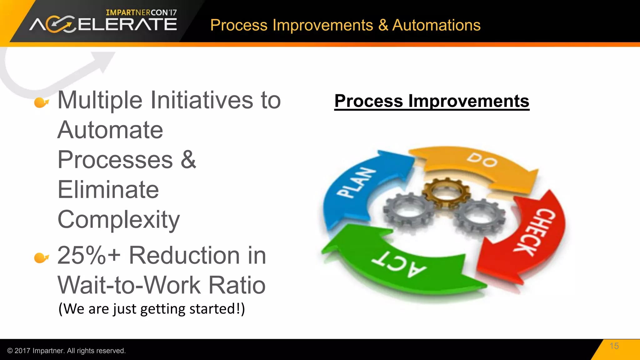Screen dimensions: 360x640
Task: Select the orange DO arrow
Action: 478,164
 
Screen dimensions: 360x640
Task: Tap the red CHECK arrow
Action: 534,234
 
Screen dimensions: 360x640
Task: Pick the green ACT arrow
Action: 403,266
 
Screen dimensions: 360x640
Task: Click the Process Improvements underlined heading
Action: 432,101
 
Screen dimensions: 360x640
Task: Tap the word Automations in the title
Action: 436,25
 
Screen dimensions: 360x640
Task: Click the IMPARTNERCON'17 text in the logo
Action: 141,12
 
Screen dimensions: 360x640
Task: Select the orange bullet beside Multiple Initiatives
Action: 41,102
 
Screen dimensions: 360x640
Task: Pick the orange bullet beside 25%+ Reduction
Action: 41,257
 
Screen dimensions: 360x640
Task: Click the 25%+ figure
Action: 89,256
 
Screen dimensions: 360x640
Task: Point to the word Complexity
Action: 119,220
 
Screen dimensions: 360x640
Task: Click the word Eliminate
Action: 108,190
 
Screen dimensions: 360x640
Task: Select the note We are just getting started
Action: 152,309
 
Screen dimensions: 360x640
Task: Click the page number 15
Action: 614,346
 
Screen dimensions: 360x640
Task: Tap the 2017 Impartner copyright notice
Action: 66,351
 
